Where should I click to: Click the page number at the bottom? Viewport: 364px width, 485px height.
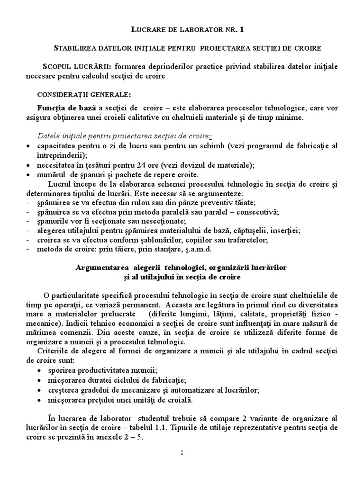(x=182, y=453)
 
